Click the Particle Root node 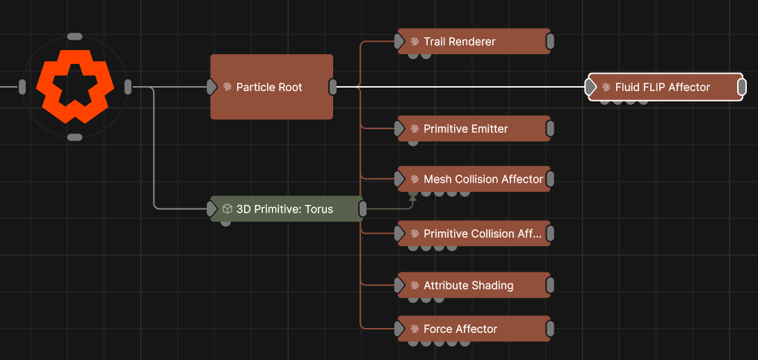click(272, 87)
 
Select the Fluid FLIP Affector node click(666, 87)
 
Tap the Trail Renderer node click(474, 42)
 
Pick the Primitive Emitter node click(474, 129)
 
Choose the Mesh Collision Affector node click(474, 179)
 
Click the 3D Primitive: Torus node click(287, 209)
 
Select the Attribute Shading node click(474, 285)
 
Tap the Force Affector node click(474, 329)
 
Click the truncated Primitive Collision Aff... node click(474, 234)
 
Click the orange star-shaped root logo click(75, 86)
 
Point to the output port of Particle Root click(333, 87)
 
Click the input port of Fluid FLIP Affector click(590, 87)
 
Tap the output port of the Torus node click(362, 209)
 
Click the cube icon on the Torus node click(227, 209)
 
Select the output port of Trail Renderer click(550, 42)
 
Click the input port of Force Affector click(400, 329)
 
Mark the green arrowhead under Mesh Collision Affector click(412, 195)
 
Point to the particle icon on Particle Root click(227, 87)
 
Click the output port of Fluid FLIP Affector click(743, 87)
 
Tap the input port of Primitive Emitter click(400, 129)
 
